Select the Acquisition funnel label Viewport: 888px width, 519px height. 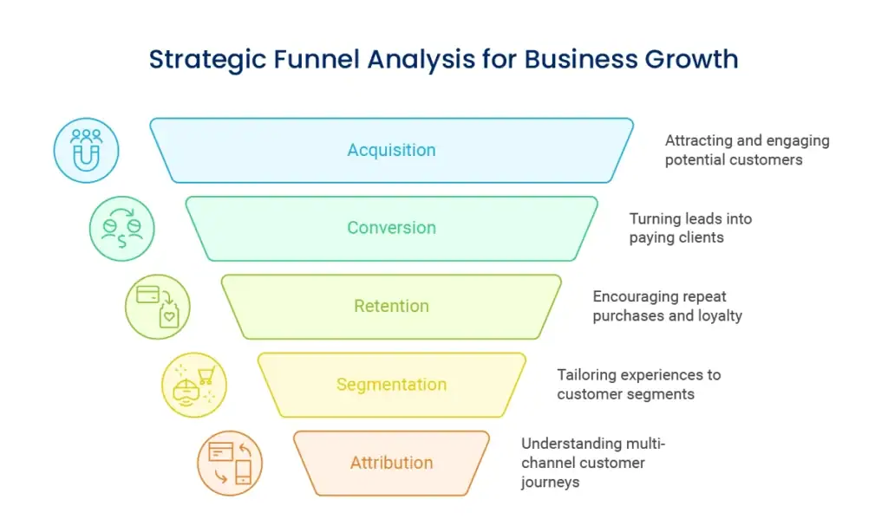coord(391,150)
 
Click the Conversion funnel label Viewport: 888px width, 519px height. coord(391,228)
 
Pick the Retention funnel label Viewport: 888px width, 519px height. coord(391,306)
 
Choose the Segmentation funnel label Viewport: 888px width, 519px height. coord(391,384)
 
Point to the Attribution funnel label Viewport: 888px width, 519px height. coord(391,463)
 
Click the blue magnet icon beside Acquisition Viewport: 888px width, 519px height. coord(86,150)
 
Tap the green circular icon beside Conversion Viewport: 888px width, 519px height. coord(121,228)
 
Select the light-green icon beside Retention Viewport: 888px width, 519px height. coord(157,306)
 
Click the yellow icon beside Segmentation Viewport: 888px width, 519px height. coord(194,385)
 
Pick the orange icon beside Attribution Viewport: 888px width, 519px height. coord(230,463)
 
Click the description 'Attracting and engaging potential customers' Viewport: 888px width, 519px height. coord(747,150)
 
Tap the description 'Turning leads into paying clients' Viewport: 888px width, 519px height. coord(690,228)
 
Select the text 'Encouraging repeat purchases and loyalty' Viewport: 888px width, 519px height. coord(667,306)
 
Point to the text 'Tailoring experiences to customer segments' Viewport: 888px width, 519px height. coord(638,384)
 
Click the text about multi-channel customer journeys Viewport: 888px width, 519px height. coord(593,463)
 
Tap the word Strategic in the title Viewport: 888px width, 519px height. coord(202,60)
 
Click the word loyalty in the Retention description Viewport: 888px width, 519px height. coord(720,316)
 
